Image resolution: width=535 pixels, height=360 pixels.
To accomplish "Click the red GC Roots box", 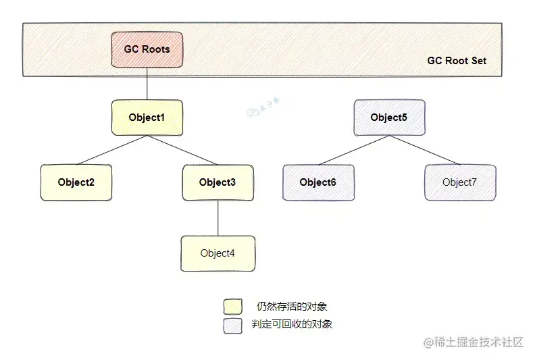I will click(147, 49).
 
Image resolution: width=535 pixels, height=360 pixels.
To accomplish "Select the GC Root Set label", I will click(457, 61).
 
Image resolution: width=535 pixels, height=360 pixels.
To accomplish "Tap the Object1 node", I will click(147, 118).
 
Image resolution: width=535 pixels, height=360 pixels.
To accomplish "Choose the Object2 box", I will click(76, 182).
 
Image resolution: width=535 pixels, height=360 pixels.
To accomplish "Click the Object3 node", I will click(218, 182).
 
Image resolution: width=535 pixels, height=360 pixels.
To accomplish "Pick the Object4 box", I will click(218, 253).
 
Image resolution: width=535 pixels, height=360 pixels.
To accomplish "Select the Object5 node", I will click(389, 118).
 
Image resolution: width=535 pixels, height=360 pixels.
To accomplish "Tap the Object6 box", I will click(317, 182).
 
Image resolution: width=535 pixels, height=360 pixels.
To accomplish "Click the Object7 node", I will click(459, 182).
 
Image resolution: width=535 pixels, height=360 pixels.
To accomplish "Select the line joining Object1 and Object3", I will click(182, 150).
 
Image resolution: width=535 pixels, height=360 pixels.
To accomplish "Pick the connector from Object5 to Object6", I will click(353, 150).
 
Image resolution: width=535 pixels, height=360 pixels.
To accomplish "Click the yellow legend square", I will click(232, 307).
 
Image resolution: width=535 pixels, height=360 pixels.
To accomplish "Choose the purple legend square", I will click(232, 325).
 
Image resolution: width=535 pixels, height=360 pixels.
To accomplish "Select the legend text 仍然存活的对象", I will click(292, 307).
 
